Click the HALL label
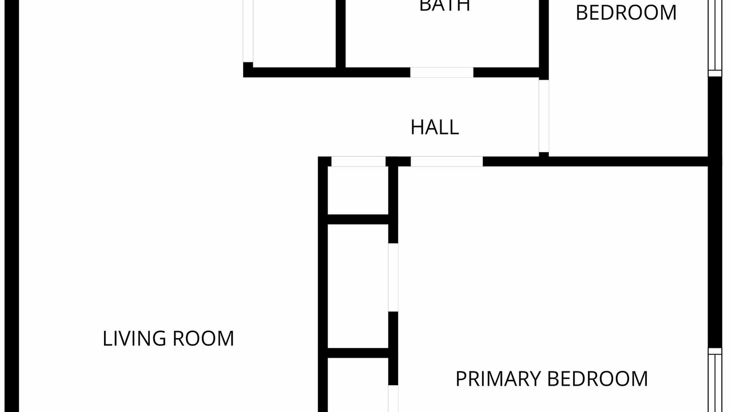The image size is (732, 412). coord(435,127)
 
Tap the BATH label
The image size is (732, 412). coord(444,6)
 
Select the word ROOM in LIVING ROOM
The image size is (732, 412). coord(203,338)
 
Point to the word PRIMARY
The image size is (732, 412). coord(498,379)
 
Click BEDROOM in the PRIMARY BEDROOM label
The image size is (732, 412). coord(598,379)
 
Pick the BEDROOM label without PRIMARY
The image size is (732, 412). coord(626,13)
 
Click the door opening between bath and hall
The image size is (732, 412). coord(442,73)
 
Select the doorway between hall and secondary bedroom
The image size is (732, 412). coord(544,116)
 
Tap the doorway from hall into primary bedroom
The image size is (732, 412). coord(447,161)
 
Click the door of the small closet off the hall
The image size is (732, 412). coord(359,161)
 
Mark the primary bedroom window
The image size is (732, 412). coord(715,380)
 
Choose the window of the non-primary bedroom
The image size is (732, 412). coord(715,38)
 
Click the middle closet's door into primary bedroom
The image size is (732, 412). coord(393,278)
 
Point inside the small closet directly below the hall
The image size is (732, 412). coord(358,191)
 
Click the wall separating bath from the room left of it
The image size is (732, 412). coord(341,34)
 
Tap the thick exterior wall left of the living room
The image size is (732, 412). coord(12,206)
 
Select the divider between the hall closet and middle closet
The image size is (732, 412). coord(358,220)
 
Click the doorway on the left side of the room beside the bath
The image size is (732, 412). coord(248,31)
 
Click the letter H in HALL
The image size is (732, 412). coord(416,127)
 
